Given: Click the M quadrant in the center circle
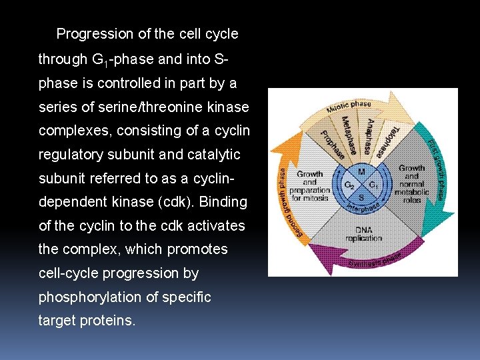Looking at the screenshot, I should click(361, 172).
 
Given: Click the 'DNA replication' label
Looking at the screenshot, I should click(364, 233).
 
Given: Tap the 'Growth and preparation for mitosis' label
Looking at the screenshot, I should click(309, 186).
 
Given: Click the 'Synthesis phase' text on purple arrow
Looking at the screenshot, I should click(375, 261).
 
